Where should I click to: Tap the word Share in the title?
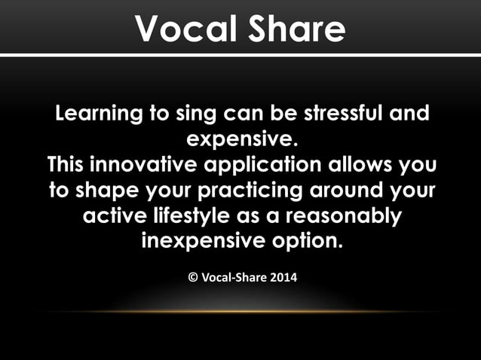[295, 29]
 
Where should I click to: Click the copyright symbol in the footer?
[192, 278]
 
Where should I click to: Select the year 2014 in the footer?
[282, 278]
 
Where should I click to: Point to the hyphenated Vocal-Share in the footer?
[233, 278]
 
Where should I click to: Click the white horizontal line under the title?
[240, 54]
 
